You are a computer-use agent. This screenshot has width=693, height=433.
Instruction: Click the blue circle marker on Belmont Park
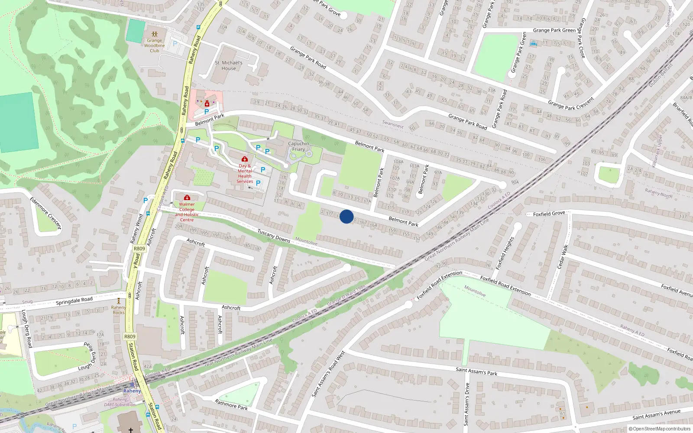point(346,216)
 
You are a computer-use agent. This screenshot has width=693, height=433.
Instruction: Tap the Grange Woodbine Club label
point(155,45)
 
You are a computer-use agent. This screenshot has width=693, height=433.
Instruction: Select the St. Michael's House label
point(229,65)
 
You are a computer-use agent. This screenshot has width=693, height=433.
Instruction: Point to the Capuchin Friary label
point(298,146)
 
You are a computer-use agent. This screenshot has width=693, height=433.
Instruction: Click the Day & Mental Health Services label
point(245,173)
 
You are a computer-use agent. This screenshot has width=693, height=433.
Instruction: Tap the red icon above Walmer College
point(187,197)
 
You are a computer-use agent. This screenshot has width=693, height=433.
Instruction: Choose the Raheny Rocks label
point(118,310)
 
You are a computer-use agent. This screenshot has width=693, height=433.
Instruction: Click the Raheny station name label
point(132,391)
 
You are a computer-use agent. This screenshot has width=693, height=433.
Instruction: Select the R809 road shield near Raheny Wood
point(139,249)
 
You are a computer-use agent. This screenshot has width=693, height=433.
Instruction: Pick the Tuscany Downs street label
point(274,236)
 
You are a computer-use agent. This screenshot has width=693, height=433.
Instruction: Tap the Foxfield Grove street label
point(549,213)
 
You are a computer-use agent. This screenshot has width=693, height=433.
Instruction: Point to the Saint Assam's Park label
point(476,371)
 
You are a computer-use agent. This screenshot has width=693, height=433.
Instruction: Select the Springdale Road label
point(74,301)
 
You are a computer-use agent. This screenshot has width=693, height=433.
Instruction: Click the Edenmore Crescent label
point(45,213)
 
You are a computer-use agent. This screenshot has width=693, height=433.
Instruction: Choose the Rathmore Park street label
point(231,405)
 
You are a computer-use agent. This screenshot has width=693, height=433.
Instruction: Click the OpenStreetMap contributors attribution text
point(660,429)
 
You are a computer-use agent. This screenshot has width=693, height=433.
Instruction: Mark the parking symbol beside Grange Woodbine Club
point(175,44)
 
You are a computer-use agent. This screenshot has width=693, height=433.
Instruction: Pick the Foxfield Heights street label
point(505,253)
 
